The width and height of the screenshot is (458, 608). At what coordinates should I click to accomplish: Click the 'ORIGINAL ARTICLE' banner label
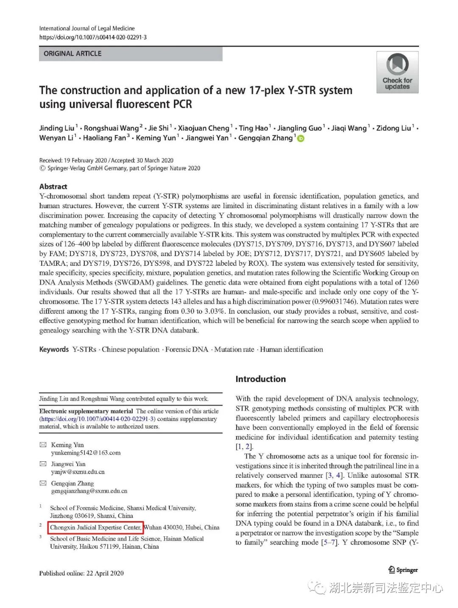pos(73,54)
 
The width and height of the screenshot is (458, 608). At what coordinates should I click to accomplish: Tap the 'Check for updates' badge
pos(397,73)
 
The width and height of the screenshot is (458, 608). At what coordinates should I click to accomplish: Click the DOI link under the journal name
pos(93,37)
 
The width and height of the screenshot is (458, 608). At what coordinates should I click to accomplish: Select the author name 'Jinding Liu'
pos(57,128)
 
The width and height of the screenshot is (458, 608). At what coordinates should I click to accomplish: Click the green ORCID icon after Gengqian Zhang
pos(301,138)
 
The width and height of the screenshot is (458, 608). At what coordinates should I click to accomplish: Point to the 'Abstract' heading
pos(53,187)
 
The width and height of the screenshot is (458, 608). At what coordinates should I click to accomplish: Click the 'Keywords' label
pos(54,349)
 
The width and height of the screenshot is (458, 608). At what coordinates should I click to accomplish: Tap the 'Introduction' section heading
pos(260,379)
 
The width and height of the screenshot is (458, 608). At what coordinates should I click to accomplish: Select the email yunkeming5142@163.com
pos(86,453)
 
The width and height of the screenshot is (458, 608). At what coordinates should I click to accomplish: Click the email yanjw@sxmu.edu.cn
pos(78,472)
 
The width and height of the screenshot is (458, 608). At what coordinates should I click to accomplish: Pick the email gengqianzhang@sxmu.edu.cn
pos(89,491)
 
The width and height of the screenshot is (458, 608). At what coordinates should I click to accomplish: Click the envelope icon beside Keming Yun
pos(43,445)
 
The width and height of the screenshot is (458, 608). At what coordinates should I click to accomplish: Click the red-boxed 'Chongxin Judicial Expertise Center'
pos(96,527)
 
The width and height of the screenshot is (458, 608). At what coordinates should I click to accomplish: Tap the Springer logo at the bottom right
pos(403,570)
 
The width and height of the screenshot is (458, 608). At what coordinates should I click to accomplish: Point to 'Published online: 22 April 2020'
pos(81,573)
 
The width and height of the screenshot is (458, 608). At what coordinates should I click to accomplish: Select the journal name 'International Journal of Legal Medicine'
pos(87,28)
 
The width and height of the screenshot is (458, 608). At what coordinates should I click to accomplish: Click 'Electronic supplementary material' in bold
pos(86,411)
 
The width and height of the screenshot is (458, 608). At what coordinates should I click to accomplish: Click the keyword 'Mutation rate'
pos(234,349)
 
